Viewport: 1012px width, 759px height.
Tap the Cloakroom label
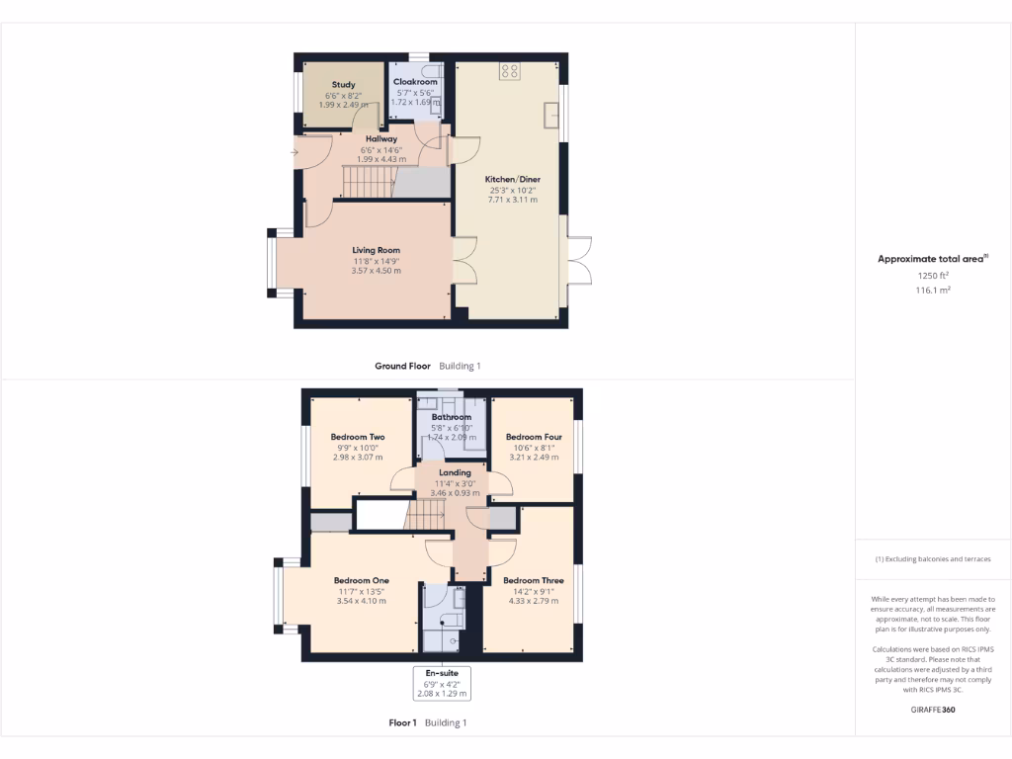coord(414,82)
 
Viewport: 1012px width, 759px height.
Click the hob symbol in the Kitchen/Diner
coord(510,71)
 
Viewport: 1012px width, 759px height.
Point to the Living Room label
coord(376,250)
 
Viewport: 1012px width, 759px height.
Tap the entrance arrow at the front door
coord(295,152)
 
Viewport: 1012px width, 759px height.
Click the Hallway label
coord(381,139)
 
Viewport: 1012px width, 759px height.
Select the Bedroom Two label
coord(358,437)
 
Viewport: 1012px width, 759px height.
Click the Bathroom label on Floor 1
coord(451,417)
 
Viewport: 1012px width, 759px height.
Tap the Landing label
coord(455,473)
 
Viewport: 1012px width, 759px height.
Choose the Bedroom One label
coord(361,581)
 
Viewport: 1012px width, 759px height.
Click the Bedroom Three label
coord(533,581)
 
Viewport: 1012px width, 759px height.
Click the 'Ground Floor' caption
coord(402,366)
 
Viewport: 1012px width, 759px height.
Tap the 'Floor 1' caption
coord(402,723)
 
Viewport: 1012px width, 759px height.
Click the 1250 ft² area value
coord(933,276)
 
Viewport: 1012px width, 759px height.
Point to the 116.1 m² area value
coord(933,291)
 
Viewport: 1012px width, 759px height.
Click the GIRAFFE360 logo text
coord(933,710)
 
